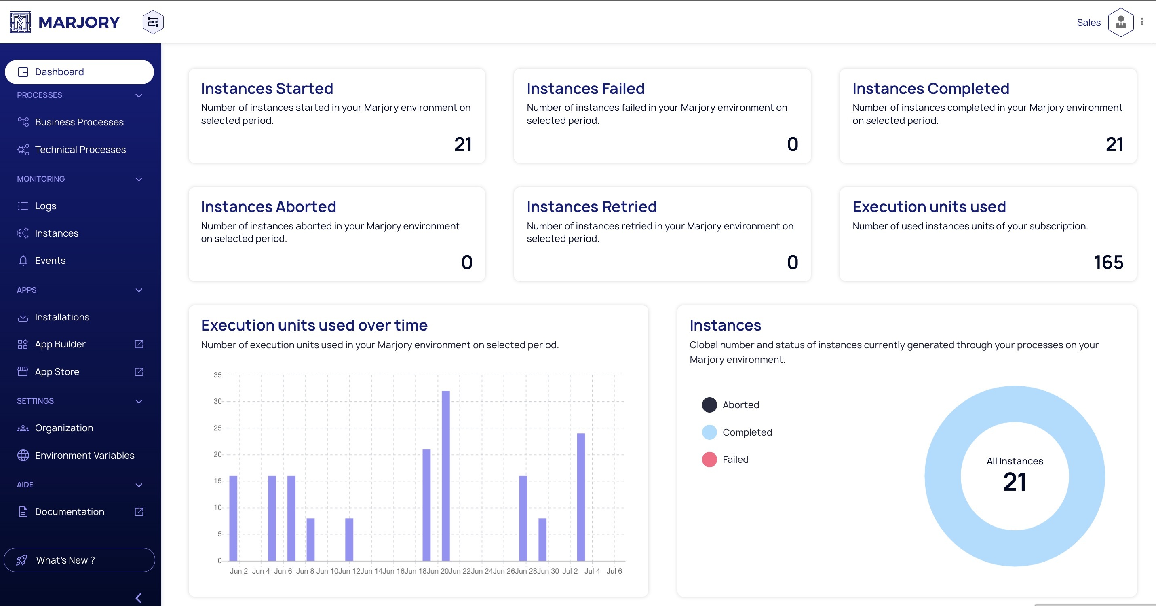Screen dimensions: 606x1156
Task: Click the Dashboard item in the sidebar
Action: (x=59, y=72)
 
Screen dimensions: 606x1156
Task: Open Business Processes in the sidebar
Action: (x=79, y=122)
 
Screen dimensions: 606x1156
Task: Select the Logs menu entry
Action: (x=45, y=206)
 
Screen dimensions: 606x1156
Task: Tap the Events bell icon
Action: (x=23, y=261)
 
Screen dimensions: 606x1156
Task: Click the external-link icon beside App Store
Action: (x=139, y=371)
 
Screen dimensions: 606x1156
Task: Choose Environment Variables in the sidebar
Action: (x=84, y=456)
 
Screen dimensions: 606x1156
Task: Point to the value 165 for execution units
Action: (x=1108, y=263)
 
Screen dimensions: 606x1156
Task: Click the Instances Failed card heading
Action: (x=585, y=89)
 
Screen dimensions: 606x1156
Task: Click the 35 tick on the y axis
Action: (x=217, y=375)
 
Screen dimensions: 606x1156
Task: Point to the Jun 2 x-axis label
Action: (x=239, y=571)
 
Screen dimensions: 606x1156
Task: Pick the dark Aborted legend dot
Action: (x=709, y=405)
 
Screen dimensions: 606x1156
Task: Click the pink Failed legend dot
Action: (x=709, y=460)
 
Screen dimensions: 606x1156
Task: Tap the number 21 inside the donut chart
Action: (x=1014, y=482)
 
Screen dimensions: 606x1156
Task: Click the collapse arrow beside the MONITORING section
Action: (x=139, y=179)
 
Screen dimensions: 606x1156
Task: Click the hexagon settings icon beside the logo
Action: (x=153, y=22)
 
